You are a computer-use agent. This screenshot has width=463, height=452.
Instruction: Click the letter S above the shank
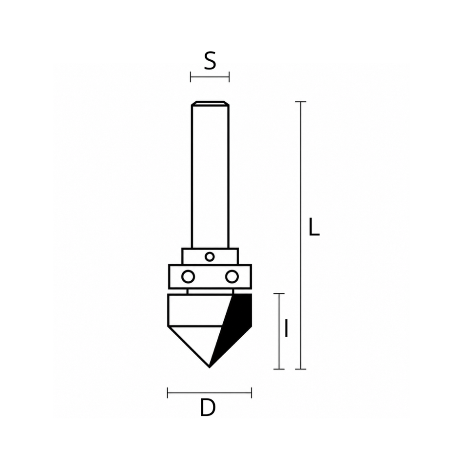[210, 61]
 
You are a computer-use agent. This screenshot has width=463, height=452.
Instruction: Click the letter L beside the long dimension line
[314, 227]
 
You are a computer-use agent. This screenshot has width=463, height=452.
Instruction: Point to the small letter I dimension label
[286, 328]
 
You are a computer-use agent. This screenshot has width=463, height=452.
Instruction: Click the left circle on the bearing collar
[188, 276]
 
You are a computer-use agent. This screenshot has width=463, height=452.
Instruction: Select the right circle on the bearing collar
[232, 276]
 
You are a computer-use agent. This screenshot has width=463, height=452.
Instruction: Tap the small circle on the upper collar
[210, 257]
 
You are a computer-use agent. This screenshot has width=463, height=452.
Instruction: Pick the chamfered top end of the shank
[210, 103]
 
